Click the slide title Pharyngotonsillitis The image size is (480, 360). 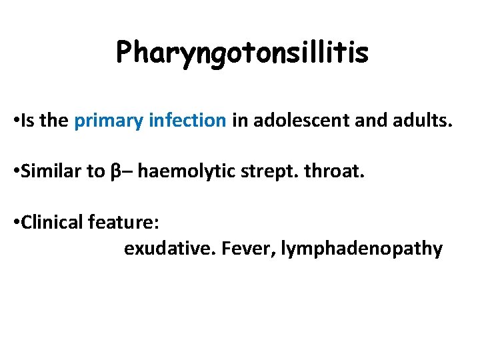241,53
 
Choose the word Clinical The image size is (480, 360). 52,222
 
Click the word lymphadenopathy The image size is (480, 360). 362,249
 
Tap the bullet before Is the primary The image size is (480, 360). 15,121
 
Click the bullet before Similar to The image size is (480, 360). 15,172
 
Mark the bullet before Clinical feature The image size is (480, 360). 15,223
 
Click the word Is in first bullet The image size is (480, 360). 28,121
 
